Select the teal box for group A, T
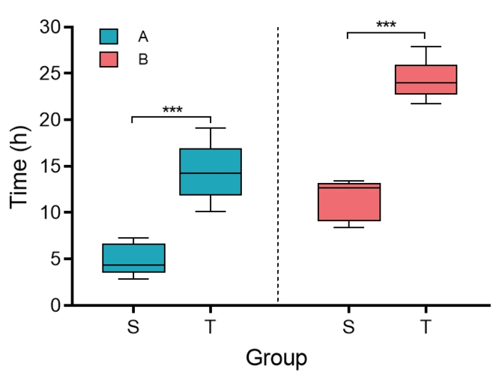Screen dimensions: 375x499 coord(211,172)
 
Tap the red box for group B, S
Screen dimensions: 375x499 coord(348,202)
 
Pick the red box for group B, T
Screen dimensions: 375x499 coord(426,79)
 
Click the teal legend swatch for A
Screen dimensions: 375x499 coord(109,36)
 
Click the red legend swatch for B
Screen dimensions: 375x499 coord(109,59)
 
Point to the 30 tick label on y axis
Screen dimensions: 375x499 coord(50,28)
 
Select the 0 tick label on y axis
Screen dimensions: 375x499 coord(55,306)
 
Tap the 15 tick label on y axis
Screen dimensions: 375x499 coord(50,166)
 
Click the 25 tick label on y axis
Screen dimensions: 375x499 coord(50,74)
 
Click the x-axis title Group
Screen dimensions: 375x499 coord(276,358)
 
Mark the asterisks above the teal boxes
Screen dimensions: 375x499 coord(172,110)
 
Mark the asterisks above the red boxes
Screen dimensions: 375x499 coord(386,25)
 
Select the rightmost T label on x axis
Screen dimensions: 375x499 coord(426,326)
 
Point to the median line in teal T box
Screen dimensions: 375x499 coord(211,173)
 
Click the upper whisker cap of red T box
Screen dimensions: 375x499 coord(426,46)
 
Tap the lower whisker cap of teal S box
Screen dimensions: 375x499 coord(133,279)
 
